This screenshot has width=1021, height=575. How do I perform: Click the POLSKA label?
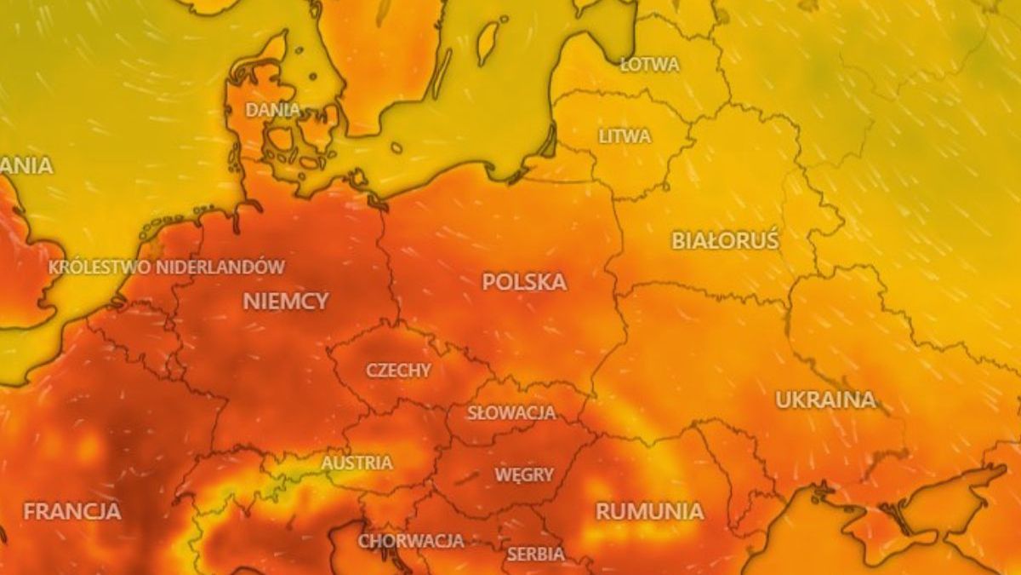point(524,282)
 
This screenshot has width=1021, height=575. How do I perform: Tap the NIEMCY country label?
point(286,301)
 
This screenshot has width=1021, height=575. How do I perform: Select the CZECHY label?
point(398,371)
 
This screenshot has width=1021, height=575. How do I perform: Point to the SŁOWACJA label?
point(511,413)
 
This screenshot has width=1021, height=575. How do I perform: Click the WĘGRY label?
point(525,474)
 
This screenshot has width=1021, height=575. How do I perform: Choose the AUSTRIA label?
point(356,463)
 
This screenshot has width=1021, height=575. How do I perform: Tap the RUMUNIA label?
point(649,511)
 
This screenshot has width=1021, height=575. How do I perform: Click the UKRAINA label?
point(824,400)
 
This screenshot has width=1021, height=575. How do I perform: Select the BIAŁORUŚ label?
point(725,240)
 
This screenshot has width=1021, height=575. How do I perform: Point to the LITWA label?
point(625,136)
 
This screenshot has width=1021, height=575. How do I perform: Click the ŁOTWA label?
point(649,65)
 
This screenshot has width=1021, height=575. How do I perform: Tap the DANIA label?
point(273,110)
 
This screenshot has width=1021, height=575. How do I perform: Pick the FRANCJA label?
point(72,512)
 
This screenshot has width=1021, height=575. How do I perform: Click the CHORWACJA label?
point(411,541)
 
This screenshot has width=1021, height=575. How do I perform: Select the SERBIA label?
point(535,554)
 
